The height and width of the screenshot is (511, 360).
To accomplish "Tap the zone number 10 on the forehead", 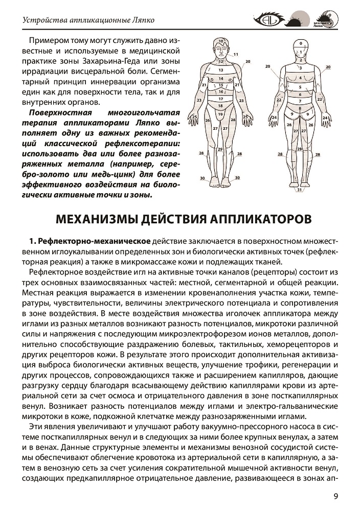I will (x=221, y=40).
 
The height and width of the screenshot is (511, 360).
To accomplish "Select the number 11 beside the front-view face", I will (x=236, y=54).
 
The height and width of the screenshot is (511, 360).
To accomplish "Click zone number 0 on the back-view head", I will (x=301, y=43).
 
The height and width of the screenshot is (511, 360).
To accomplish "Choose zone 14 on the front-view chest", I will (x=221, y=78).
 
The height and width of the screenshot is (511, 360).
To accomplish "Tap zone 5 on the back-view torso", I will (x=300, y=87).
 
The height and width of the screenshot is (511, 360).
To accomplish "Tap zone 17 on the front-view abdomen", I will (x=221, y=99).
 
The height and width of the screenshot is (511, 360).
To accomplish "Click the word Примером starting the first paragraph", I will (x=50, y=40).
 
